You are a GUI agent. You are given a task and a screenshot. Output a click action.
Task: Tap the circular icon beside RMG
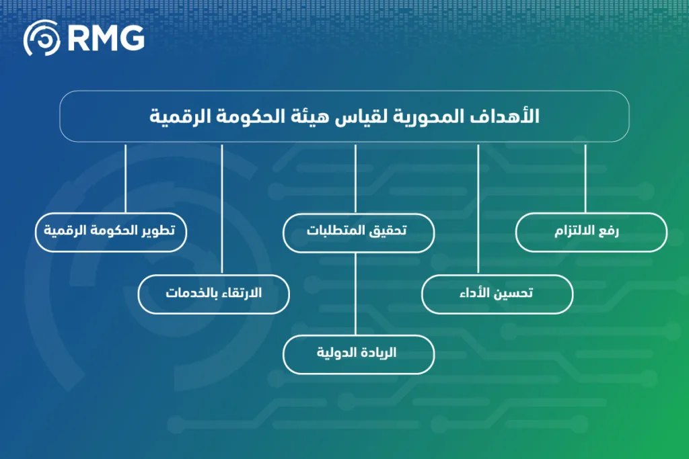[x=42, y=38]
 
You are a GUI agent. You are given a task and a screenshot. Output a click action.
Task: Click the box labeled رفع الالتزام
[x=591, y=233]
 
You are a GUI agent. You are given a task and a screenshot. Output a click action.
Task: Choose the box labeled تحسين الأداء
[x=497, y=294]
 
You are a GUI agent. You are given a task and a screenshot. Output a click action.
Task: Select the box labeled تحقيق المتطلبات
[x=358, y=233]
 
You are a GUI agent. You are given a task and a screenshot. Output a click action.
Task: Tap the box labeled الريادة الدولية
[x=358, y=354]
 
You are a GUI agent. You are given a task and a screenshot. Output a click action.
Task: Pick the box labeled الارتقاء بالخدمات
[x=214, y=294]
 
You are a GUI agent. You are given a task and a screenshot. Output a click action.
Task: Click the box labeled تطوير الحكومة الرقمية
[x=110, y=233]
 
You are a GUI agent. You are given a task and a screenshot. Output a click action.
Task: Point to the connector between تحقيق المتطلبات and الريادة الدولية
[x=355, y=294]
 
